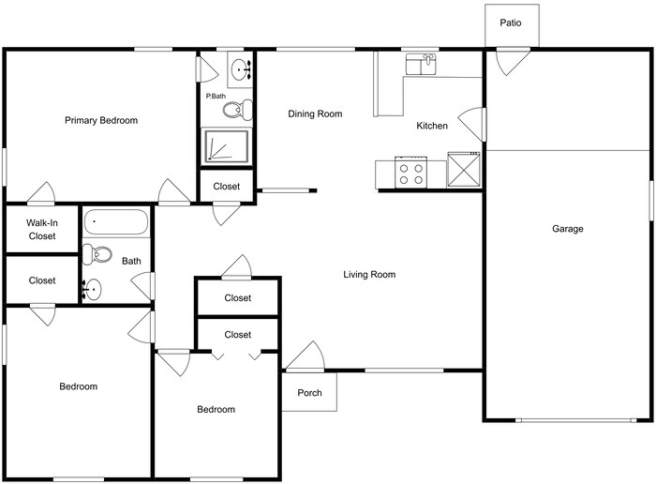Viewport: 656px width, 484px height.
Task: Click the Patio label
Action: (511, 23)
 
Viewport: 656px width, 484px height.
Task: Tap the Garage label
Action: (567, 229)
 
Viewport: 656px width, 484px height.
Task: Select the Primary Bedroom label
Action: (101, 121)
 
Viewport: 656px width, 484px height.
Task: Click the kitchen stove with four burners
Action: (410, 173)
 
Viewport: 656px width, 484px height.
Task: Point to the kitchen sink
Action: (421, 64)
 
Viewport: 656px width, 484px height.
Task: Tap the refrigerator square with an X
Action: (464, 169)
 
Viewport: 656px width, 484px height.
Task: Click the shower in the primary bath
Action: (227, 146)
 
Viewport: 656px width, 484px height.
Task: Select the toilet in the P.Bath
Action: (237, 110)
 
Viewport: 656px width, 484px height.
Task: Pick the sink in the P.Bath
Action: (240, 69)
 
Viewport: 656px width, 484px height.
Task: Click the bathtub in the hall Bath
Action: (116, 222)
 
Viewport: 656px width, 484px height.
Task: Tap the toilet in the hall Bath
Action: (97, 254)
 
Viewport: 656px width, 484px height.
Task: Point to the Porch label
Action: (309, 393)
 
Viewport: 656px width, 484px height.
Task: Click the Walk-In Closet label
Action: (42, 230)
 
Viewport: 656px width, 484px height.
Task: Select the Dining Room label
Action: (315, 113)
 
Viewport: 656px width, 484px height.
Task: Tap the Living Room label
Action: (369, 275)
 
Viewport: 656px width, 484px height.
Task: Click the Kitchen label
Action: (432, 126)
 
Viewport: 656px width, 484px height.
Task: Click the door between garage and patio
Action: (513, 62)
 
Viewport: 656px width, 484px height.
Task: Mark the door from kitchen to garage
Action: (472, 124)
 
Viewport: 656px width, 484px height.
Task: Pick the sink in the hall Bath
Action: (92, 290)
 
